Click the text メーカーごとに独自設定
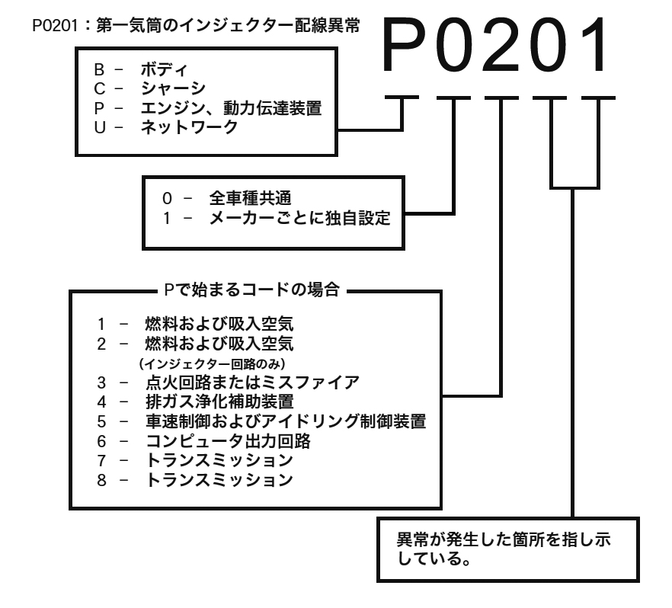pyautogui.click(x=299, y=219)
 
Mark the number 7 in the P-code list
pyautogui.click(x=99, y=460)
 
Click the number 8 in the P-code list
pyautogui.click(x=99, y=480)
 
